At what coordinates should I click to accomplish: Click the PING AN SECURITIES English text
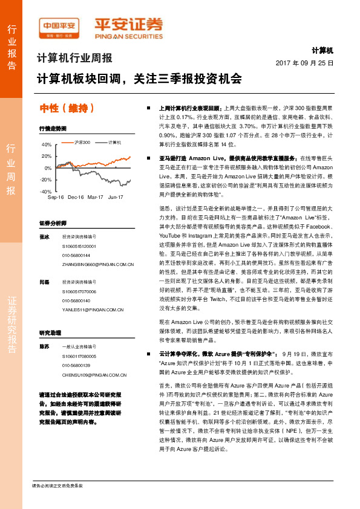128,36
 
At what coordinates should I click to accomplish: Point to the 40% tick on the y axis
47,145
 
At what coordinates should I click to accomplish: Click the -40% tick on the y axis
46,191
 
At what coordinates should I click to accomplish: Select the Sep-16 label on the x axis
56,197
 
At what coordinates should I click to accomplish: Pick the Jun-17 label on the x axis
116,197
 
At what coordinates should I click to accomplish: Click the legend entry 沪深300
82,143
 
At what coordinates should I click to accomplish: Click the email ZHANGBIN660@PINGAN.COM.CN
97,264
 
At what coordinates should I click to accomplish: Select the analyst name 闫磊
44,282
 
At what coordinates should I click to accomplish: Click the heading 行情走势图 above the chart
51,128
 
